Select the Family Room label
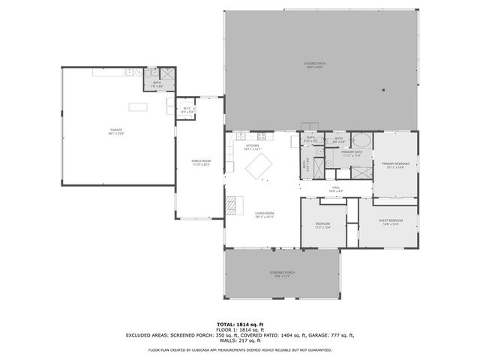point(200,163)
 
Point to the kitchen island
point(259,166)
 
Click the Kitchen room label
point(252,147)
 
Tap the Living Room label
point(264,214)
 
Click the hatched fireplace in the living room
point(234,204)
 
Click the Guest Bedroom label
point(391,221)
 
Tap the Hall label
point(336,189)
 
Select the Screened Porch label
point(282,274)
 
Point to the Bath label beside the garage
point(157,84)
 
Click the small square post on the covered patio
point(382,91)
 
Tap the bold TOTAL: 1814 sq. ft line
point(240,323)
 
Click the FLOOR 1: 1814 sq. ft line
point(240,329)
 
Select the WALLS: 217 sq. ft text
point(240,341)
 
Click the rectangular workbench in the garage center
point(138,106)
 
